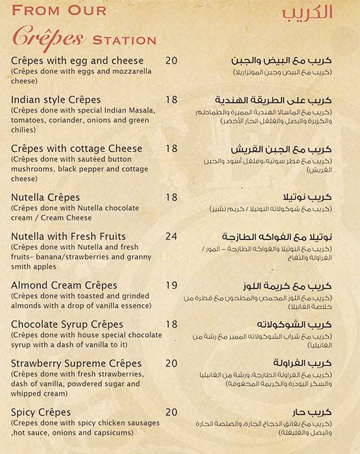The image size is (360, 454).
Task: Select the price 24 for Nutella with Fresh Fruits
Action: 171,236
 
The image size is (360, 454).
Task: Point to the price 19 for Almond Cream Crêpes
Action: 171,285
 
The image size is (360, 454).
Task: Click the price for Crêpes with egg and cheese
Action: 171,61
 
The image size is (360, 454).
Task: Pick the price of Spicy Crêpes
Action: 171,411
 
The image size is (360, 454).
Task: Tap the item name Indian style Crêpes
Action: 56,100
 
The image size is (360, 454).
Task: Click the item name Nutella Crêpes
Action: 45,197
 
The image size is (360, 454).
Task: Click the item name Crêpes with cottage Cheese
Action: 77,149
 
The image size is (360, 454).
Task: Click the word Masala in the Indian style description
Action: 138,111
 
